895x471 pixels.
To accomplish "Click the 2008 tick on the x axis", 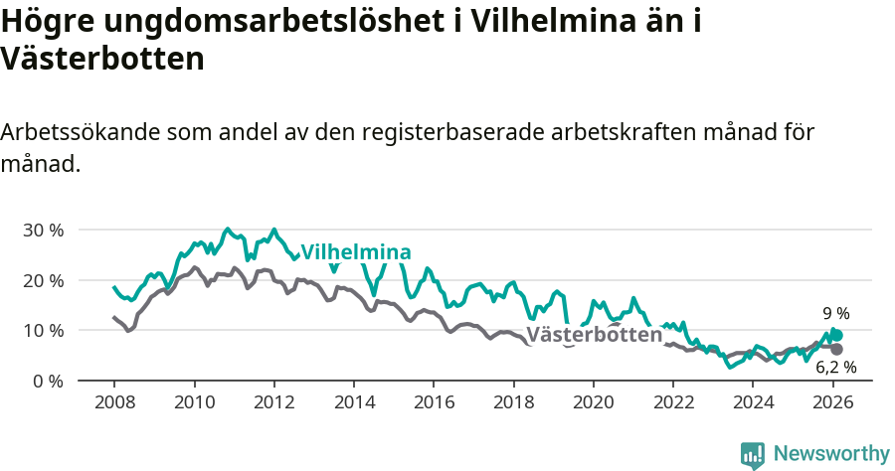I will pos(113,402).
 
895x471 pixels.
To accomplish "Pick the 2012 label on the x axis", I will pos(273,402).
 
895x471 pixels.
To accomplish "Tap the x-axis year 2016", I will pos(434,402).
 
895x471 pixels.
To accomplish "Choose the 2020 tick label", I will pos(594,402).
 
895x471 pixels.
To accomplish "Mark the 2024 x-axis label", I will pos(753,402).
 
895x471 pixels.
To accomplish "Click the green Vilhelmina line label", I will pos(356,251).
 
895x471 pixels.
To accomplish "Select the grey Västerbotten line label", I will pos(594,335).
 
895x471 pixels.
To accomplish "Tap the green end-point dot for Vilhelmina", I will pos(837,336).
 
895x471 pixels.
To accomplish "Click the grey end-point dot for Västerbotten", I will pos(836,350).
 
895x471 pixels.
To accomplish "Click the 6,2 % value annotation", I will pos(835,368).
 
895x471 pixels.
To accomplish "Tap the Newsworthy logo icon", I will pos(753,454).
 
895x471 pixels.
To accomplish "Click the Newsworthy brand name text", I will pos(831,454).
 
